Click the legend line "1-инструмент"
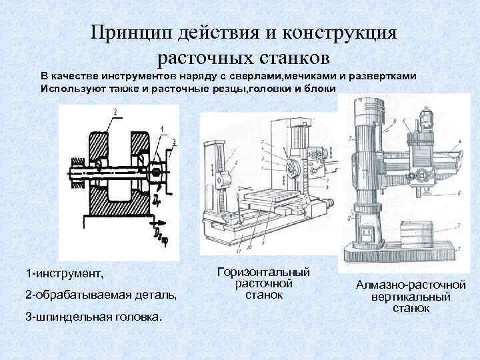(65, 274)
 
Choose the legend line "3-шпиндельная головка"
(93, 316)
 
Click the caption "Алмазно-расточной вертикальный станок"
(411, 297)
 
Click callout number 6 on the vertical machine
(460, 192)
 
